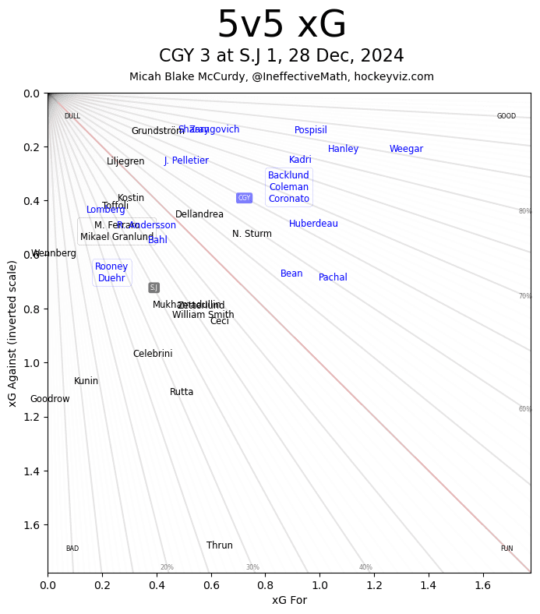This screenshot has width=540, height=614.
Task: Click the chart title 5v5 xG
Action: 281,26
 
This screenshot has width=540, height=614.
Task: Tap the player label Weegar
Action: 406,149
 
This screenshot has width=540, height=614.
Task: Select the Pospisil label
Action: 310,130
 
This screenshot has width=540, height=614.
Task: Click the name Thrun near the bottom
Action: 220,545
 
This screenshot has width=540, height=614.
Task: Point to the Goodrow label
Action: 50,399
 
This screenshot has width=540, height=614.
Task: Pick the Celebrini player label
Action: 153,354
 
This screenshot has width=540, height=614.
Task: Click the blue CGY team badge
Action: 244,198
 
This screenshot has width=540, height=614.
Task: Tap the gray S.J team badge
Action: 154,288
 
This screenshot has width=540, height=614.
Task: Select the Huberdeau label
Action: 313,224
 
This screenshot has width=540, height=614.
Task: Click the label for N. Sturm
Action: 252,234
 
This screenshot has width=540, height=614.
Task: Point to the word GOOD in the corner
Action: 506,116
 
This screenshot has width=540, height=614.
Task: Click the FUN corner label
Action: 506,549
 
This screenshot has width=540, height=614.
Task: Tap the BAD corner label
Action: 72,549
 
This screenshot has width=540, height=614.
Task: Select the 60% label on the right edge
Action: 524,409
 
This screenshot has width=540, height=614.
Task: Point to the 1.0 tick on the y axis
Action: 31,363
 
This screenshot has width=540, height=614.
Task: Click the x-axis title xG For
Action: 289,600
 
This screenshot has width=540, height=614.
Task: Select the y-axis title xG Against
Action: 12,333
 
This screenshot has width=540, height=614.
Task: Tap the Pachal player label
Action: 333,277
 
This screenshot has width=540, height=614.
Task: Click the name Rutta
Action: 182,392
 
